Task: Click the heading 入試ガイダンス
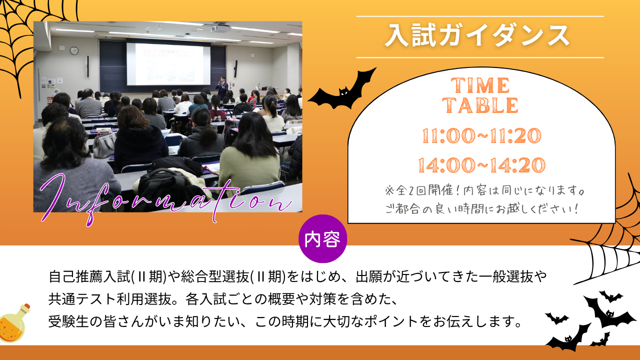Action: pos(477,35)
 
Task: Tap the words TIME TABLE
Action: pos(480,95)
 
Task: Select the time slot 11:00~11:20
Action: pos(481,135)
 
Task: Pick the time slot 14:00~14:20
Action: pos(481,165)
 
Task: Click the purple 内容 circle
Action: pos(322,239)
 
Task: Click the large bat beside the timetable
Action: pos(342,89)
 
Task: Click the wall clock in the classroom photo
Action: pos(74,50)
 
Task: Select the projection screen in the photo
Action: pos(168,64)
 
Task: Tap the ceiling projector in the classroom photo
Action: pos(221,28)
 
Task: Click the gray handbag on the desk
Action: pos(104,145)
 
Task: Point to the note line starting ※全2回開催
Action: pos(484,190)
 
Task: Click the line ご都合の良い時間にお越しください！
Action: pos(481,209)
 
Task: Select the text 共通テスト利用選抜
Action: pos(109,299)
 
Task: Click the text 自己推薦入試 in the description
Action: pos(89,276)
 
